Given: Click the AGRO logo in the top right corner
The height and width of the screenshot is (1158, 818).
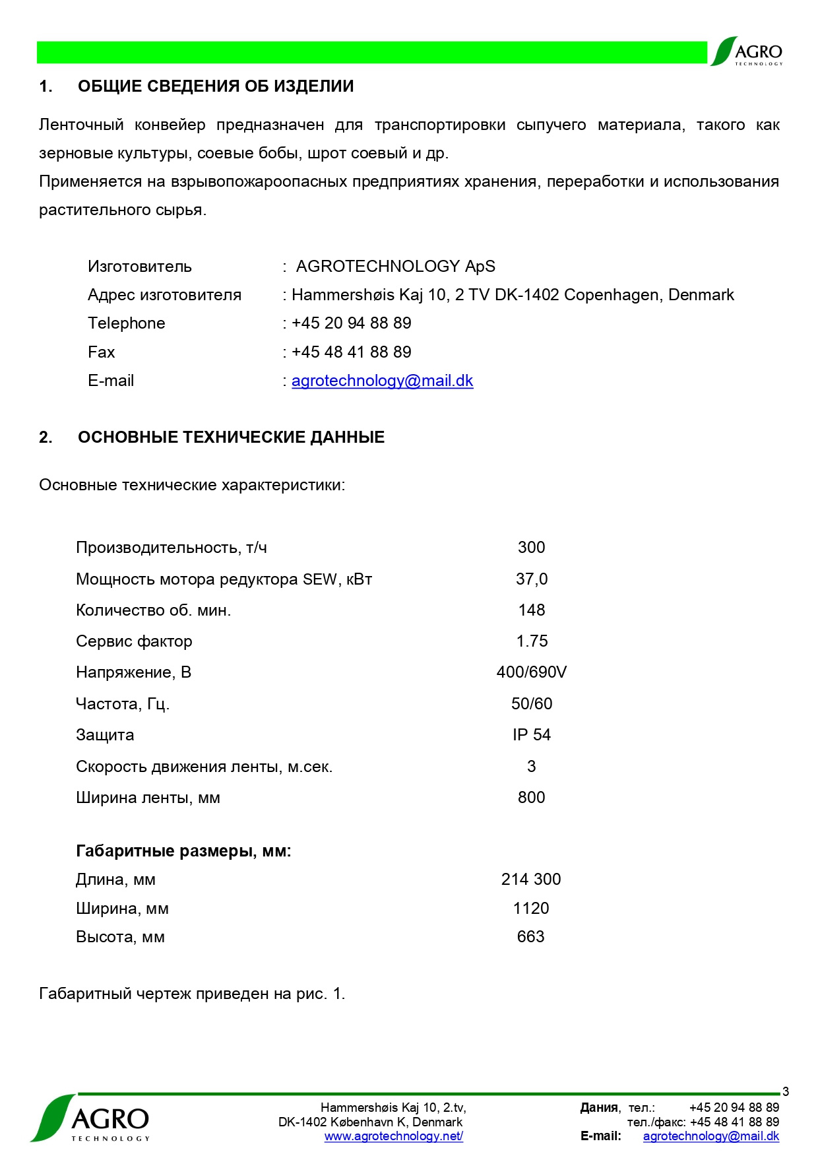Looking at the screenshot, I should [747, 51].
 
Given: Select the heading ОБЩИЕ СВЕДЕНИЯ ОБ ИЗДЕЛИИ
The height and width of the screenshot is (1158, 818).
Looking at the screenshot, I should [216, 86].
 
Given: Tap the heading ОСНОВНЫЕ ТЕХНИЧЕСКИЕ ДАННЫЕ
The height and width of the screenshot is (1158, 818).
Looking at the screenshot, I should [231, 437].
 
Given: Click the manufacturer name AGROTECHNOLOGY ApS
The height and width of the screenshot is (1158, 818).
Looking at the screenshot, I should [395, 267].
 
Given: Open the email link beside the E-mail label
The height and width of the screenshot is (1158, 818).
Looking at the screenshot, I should [382, 381].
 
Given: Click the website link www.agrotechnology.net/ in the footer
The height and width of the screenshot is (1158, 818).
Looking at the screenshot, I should [393, 1136].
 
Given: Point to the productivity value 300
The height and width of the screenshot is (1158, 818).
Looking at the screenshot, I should [531, 548].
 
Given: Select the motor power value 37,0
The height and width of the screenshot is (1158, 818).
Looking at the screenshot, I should [531, 579].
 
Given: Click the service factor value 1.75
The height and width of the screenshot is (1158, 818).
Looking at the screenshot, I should [532, 641].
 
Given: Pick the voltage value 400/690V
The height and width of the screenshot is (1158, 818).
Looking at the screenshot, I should [531, 672].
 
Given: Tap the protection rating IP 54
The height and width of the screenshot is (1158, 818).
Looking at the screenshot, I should [531, 735].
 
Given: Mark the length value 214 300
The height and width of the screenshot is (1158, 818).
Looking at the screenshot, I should [530, 880].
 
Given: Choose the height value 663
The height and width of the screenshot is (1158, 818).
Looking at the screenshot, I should [530, 937].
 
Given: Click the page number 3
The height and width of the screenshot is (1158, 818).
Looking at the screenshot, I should [785, 1092].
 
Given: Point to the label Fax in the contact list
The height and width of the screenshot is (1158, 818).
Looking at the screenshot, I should [101, 352].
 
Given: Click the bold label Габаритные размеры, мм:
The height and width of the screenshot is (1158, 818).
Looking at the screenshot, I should [183, 851].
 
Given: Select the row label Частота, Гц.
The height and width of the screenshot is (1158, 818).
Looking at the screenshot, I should [123, 704].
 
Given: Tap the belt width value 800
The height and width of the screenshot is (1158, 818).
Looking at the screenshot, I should [531, 798].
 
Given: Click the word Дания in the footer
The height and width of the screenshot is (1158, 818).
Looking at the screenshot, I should [599, 1108].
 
